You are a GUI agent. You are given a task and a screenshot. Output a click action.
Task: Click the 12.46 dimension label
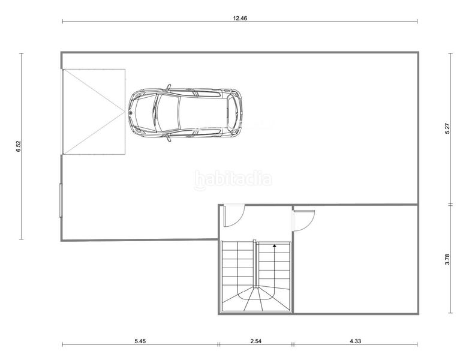pos(240,18)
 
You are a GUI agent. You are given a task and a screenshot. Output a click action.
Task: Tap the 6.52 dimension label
pos(19,146)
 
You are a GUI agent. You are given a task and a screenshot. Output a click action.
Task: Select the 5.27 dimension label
pos(447,128)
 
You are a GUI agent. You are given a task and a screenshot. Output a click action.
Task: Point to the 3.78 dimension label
pos(447,259)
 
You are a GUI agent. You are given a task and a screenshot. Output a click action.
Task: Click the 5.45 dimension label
pos(140,341)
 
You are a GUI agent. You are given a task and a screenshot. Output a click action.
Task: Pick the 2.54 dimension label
pos(255,341)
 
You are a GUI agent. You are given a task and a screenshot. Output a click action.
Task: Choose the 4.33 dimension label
pos(355,341)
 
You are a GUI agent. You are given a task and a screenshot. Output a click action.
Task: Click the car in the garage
pos(185,113)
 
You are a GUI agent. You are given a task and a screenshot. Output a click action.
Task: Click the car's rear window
pos(232,113)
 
